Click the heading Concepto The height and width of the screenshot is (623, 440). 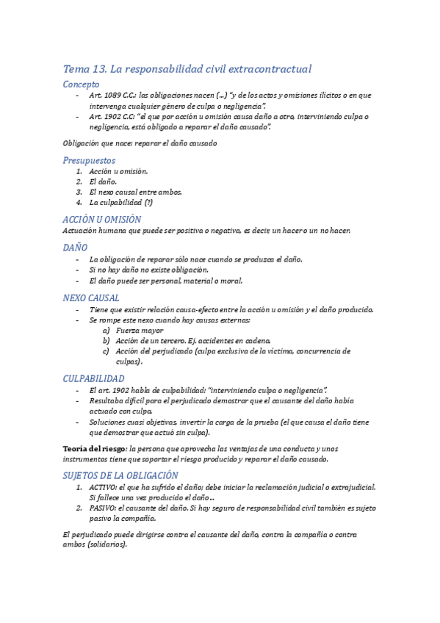click(82, 84)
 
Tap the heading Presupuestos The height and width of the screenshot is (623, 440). click(89, 160)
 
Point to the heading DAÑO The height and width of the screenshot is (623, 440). click(76, 248)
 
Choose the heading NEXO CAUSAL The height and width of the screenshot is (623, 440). click(92, 298)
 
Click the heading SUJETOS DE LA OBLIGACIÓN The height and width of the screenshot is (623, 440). click(121, 475)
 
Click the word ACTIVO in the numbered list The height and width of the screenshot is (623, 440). click(103, 487)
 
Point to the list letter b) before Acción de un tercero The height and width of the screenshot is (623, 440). click(107, 341)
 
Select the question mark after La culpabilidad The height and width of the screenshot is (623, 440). click(148, 202)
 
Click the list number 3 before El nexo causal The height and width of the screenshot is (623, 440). click(79, 192)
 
